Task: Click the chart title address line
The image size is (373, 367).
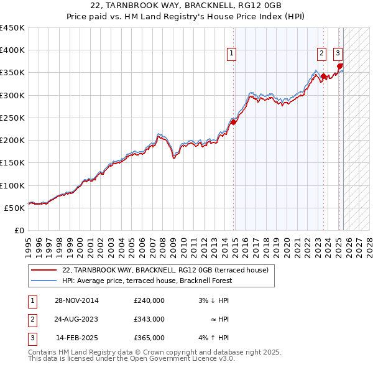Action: [x=186, y=6]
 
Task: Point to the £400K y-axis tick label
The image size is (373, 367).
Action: [x=12, y=50]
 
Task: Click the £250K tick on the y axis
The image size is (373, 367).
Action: [x=12, y=118]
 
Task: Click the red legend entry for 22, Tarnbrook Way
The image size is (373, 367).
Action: [x=165, y=270]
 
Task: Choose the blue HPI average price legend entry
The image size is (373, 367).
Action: [x=147, y=281]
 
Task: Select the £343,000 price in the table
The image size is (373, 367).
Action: [x=149, y=319]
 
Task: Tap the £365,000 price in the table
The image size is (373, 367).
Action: [x=149, y=338]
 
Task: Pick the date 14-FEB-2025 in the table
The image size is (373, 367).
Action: [x=76, y=338]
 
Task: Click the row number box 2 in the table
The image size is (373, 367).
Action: [x=31, y=319]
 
